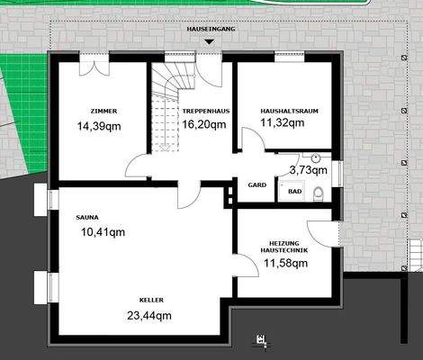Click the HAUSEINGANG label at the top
click(x=210, y=30)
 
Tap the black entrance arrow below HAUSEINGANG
click(x=210, y=41)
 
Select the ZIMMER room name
click(x=104, y=112)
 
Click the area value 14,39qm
click(x=100, y=126)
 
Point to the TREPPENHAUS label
click(x=202, y=112)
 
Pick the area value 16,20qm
click(x=203, y=124)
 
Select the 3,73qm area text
click(x=308, y=169)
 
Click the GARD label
click(x=256, y=184)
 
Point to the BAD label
click(x=294, y=191)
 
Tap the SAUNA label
click(x=87, y=217)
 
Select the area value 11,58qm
click(x=285, y=263)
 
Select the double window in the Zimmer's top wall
click(x=92, y=58)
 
